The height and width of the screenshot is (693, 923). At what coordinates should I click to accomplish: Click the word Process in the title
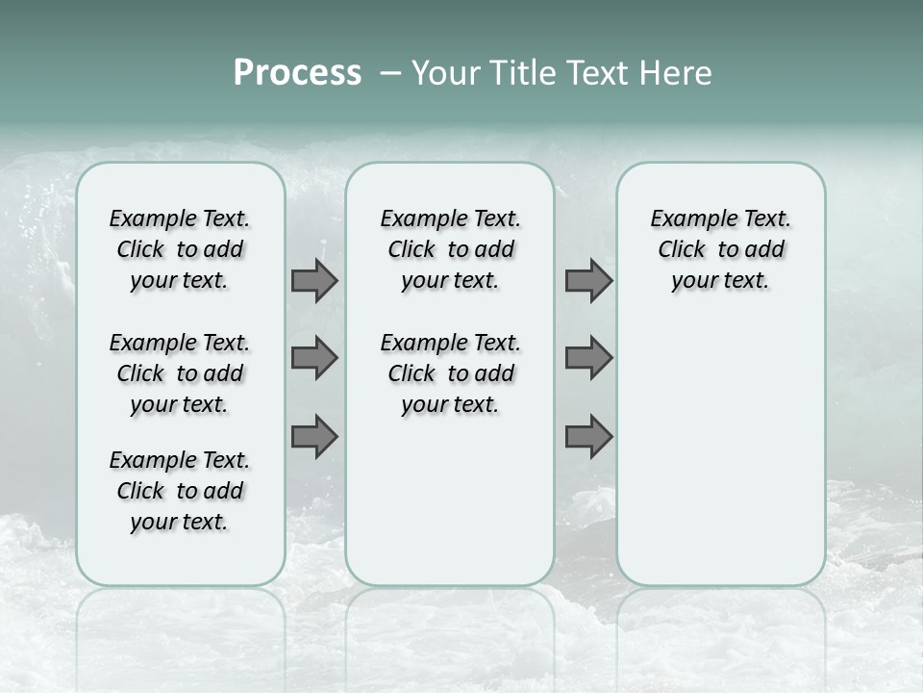click(297, 73)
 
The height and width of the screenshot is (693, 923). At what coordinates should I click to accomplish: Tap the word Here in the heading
click(675, 73)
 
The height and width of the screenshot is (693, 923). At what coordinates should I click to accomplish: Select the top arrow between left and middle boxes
click(314, 280)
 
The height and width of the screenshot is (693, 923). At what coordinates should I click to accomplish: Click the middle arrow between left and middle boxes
click(314, 358)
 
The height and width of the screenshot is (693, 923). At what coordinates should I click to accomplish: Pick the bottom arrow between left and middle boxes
click(314, 436)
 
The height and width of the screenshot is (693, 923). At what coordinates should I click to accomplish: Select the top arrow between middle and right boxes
click(588, 280)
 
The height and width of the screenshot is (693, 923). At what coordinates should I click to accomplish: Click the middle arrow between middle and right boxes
click(588, 358)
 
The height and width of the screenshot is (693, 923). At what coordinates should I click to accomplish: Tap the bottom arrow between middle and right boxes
click(588, 436)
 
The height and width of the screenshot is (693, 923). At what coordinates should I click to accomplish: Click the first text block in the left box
click(180, 249)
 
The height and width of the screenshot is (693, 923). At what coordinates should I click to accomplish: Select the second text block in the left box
click(180, 373)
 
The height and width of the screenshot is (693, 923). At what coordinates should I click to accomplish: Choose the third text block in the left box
click(180, 491)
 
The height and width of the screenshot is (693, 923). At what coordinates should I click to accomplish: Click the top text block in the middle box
click(450, 249)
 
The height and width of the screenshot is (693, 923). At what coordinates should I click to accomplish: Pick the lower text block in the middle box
click(450, 373)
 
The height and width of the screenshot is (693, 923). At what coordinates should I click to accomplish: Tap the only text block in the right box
click(720, 249)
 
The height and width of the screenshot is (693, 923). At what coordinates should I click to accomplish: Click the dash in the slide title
click(390, 73)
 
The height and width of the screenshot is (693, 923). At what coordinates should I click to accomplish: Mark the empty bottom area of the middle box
click(450, 510)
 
